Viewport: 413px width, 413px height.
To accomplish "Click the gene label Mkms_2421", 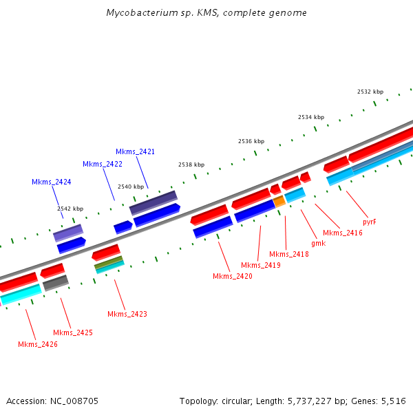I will pyautogui.click(x=135, y=151).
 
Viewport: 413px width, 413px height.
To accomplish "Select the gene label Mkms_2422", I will pyautogui.click(x=102, y=164).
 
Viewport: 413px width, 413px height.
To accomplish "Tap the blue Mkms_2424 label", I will pyautogui.click(x=51, y=182).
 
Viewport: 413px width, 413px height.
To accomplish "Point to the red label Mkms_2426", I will pyautogui.click(x=37, y=344).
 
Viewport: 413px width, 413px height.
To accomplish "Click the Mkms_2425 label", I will pyautogui.click(x=72, y=332).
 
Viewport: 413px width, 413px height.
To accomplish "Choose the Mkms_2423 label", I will pyautogui.click(x=127, y=314).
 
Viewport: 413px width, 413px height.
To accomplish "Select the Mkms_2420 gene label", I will pyautogui.click(x=232, y=276).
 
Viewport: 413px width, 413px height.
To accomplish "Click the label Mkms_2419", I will pyautogui.click(x=260, y=265).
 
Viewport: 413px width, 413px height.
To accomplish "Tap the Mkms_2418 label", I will pyautogui.click(x=288, y=254).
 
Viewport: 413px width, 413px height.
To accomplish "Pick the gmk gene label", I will pyautogui.click(x=318, y=243).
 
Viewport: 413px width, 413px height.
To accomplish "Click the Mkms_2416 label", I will pyautogui.click(x=342, y=233).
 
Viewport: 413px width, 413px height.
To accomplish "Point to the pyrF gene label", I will pyautogui.click(x=369, y=222).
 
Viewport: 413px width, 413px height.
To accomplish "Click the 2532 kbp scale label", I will pyautogui.click(x=370, y=92).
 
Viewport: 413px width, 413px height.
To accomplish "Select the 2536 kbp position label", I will pyautogui.click(x=251, y=141).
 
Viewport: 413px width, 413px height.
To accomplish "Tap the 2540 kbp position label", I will pyautogui.click(x=131, y=187).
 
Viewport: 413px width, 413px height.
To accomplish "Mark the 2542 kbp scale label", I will pyautogui.click(x=70, y=209).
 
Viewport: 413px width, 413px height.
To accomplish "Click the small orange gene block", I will pyautogui.click(x=279, y=201).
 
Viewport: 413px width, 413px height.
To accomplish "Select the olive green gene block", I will pyautogui.click(x=108, y=262).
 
